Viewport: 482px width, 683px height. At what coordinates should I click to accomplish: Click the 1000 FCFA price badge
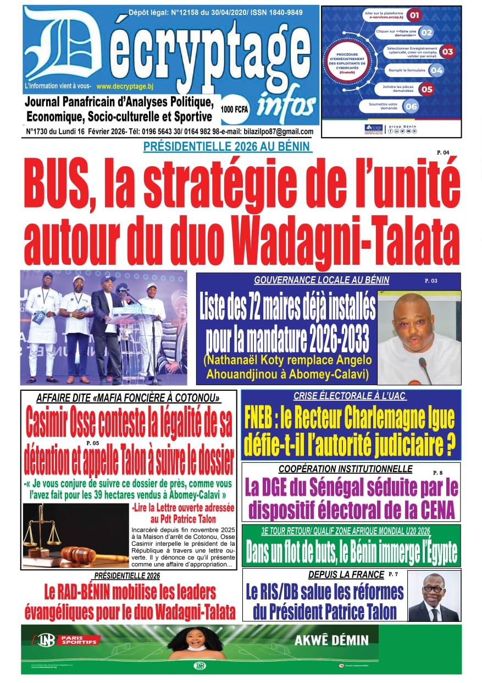(235, 109)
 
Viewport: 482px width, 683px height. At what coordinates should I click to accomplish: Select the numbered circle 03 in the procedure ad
(447, 52)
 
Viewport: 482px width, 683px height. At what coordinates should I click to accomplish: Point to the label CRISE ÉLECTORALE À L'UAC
(350, 396)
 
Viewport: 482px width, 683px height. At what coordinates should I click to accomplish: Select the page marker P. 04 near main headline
(442, 152)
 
